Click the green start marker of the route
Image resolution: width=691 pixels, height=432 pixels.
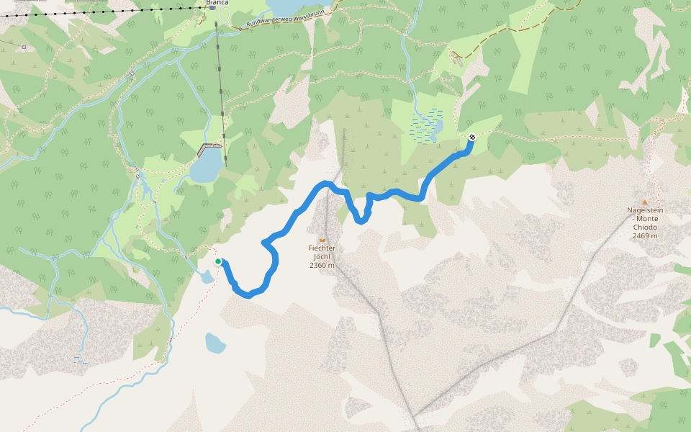(218, 261)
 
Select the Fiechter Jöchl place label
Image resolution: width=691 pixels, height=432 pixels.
(322, 252)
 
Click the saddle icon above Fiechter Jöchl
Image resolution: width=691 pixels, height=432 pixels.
(322, 239)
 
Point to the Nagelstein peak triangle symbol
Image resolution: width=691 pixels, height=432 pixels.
(644, 202)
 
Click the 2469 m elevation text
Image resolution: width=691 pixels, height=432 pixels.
(644, 235)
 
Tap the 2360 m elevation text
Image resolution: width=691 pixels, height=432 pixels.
(322, 265)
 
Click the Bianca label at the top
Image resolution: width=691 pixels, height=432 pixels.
(217, 2)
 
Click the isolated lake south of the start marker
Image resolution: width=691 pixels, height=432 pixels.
(215, 343)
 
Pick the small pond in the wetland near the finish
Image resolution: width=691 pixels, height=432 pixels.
(434, 130)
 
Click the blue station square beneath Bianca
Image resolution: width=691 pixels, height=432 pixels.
(213, 7)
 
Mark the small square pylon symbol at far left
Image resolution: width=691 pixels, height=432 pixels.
(24, 48)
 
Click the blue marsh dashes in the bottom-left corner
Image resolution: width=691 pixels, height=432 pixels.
(80, 359)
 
